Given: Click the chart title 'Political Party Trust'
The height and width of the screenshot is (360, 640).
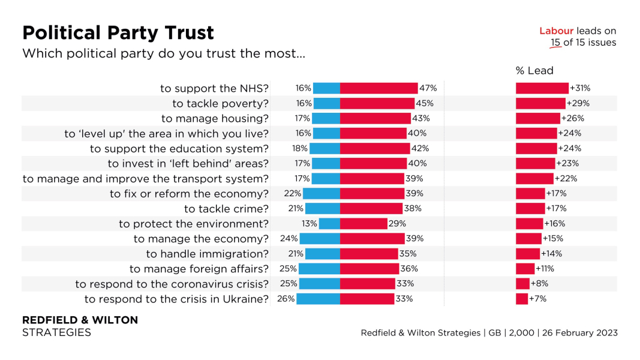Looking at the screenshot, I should tap(118, 32).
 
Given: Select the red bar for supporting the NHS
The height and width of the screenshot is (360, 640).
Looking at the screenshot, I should tap(378, 88).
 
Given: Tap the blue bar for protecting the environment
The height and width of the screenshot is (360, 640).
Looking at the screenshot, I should tap(329, 223).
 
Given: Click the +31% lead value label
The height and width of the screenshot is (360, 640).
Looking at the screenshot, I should tap(581, 88).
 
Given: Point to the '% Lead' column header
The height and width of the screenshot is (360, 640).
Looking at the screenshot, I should tap(534, 71).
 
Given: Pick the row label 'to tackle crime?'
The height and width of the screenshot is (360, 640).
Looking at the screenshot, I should tap(226, 208).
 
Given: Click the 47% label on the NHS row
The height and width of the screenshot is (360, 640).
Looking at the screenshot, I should tap(428, 88).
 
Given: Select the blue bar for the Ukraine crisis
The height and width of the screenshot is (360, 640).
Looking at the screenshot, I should tap(318, 298).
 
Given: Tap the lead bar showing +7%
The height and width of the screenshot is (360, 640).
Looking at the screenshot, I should tap(522, 298).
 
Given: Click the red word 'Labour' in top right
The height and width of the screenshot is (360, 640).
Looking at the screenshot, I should tap(557, 31).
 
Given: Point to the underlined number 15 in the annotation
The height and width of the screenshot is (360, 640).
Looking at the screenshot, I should tap(556, 43).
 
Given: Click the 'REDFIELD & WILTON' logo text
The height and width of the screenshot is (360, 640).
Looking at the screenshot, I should tap(80, 320).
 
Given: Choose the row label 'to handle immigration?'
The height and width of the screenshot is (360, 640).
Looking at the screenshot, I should tap(207, 253).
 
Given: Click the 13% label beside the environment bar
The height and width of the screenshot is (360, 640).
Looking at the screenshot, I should tap(310, 223).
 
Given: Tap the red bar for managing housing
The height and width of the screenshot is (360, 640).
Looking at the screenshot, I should tap(375, 118).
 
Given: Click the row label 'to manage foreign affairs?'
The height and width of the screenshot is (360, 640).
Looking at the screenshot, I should tap(199, 268).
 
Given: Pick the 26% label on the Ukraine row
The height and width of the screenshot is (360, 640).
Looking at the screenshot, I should tap(286, 298).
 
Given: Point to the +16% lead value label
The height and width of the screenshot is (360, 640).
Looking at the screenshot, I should tap(555, 223).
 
